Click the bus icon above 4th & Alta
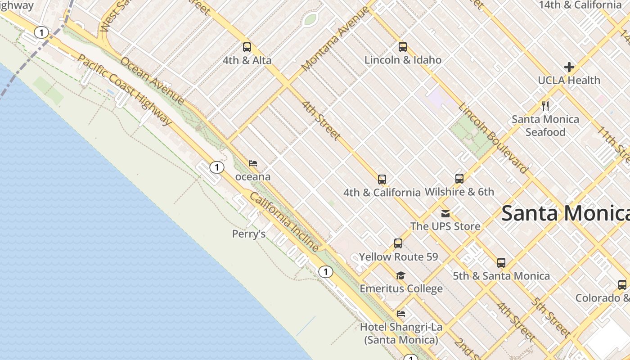point(247,47)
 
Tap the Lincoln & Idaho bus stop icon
point(403,47)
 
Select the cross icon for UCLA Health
point(569,67)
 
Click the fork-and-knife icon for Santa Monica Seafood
point(545,106)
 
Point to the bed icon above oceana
point(253,163)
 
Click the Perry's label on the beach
point(249,234)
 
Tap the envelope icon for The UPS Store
point(445,213)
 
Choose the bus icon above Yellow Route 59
point(398,243)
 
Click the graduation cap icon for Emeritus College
point(401,275)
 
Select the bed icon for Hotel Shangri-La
point(401,314)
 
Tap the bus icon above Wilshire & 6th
point(459,179)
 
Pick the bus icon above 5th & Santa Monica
point(501,263)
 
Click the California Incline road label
point(284,222)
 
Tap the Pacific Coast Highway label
point(125,90)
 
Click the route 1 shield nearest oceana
point(217,168)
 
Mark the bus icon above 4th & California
point(382,180)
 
